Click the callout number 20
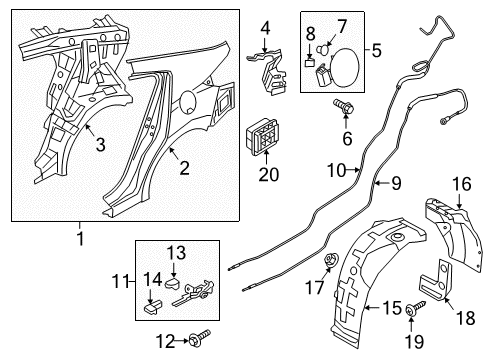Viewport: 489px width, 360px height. coord(269,174)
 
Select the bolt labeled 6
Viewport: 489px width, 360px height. coord(343,106)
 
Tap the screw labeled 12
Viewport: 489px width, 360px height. coord(199,337)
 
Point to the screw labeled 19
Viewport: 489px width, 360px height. coord(415,308)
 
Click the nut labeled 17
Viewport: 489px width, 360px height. coord(331,260)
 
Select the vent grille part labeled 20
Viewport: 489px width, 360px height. coord(262,137)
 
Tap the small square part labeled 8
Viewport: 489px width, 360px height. coord(310,62)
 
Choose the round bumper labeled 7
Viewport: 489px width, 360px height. coord(323,49)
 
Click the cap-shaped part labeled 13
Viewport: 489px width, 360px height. coord(172,283)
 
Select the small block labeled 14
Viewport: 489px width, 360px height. coord(153,306)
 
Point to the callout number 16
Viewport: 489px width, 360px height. coord(462,184)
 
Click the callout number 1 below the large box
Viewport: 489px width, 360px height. coord(80,238)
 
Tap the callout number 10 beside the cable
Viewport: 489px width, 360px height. coord(336,170)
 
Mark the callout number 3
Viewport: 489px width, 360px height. coord(100,145)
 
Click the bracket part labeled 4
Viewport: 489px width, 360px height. coord(268,73)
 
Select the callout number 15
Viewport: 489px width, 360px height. coord(392,308)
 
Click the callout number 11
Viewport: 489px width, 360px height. coord(120,282)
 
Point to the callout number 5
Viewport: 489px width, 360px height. coord(376,51)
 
